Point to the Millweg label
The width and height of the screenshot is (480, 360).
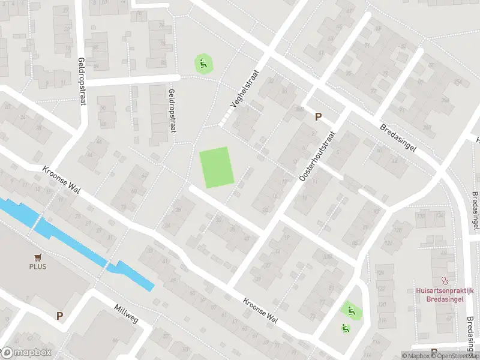pos(126,313)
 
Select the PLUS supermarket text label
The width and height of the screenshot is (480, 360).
pos(38,266)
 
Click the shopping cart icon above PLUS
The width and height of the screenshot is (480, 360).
pos(38,257)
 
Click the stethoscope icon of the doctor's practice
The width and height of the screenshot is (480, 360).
pos(445,280)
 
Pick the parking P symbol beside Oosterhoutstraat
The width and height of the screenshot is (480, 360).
pos(318,117)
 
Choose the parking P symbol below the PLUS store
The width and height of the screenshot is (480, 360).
pos(59,315)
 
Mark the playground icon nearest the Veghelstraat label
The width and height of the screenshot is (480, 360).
pos(203,63)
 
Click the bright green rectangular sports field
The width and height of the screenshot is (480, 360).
pos(216,167)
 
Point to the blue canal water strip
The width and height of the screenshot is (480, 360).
pos(72,240)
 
